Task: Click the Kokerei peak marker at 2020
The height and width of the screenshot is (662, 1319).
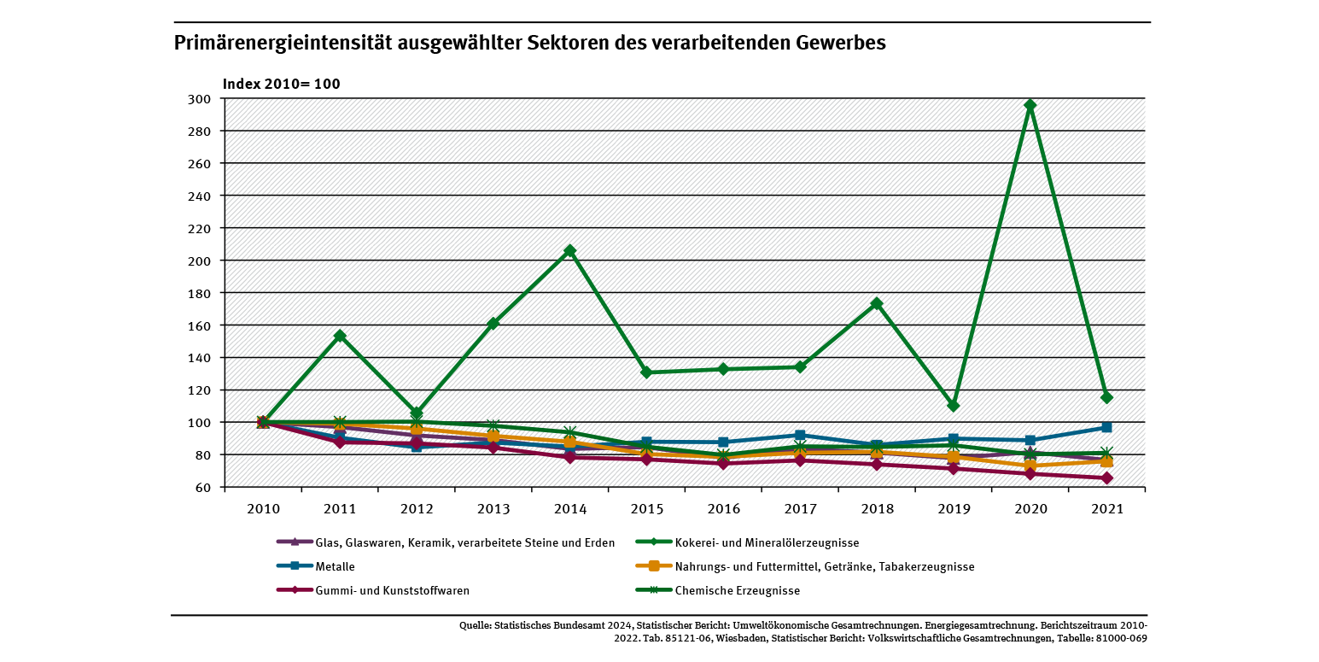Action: (x=1030, y=105)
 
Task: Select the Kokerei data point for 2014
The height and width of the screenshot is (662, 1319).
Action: (x=569, y=250)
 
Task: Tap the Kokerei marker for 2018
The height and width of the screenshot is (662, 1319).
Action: (x=876, y=303)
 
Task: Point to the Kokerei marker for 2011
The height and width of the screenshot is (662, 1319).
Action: (x=340, y=336)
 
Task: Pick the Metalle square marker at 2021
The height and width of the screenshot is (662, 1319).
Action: (x=1106, y=427)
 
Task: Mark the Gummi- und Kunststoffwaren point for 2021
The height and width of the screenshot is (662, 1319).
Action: (x=1106, y=478)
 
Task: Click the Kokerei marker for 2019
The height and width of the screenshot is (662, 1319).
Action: (x=953, y=406)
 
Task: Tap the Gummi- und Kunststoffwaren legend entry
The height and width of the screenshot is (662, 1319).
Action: (x=392, y=590)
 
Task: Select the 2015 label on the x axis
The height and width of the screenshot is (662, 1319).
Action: (x=646, y=508)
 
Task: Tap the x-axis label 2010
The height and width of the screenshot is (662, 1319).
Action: (x=263, y=508)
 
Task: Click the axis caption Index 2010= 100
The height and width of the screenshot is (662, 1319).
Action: (x=282, y=84)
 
